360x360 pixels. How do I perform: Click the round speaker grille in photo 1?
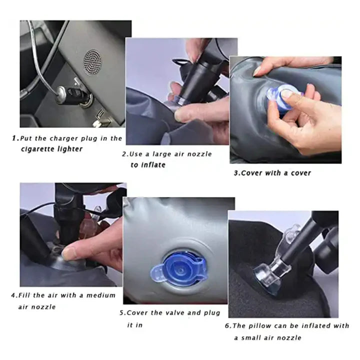point(92,61)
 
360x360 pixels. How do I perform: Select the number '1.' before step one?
point(15,138)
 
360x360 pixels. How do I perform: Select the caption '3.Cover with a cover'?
point(272,173)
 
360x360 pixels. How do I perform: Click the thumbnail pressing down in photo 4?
point(70,253)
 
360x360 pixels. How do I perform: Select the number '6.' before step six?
point(227,326)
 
